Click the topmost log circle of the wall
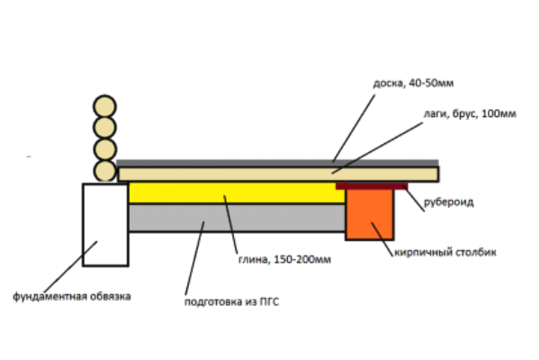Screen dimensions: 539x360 coord(104,106)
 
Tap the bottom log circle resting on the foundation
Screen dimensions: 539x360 coord(104,170)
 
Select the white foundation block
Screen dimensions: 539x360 coord(105,225)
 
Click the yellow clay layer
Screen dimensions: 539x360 coord(237,193)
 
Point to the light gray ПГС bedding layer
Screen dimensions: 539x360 coord(237,218)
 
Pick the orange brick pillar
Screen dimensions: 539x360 coord(370,214)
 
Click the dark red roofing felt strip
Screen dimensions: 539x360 coord(372,186)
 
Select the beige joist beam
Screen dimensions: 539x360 coord(278,174)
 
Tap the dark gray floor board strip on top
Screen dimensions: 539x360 coord(277,163)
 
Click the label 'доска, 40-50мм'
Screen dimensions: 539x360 coord(413,83)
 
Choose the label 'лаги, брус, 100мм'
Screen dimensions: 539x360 coord(470,113)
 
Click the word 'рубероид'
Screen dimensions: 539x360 coord(449,202)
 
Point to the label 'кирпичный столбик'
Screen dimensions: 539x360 coord(445,252)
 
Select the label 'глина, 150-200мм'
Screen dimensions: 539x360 coord(284,259)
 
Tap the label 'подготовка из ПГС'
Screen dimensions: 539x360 coord(231,301)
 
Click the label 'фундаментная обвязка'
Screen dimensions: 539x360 coord(72,296)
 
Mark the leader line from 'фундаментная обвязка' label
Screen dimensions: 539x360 coord(70,267)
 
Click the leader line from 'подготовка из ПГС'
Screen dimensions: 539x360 coord(194,258)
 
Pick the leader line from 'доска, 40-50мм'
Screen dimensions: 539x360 coord(354,128)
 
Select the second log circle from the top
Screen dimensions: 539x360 coord(104,128)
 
